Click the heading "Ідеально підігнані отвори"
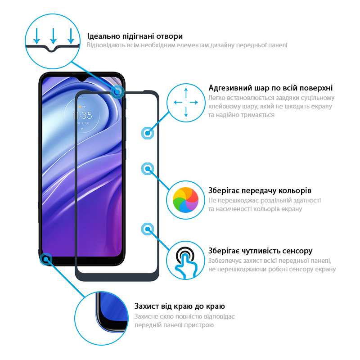(135, 36)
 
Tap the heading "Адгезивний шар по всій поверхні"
(270, 88)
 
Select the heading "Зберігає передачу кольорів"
(260, 190)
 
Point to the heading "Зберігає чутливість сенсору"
(261, 251)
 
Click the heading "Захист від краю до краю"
(180, 306)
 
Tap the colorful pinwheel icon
(185, 200)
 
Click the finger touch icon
(185, 262)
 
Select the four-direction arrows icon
(186, 103)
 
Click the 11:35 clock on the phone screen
(82, 115)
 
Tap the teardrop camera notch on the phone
(82, 79)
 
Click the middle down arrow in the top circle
(53, 36)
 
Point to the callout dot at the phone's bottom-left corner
(46, 259)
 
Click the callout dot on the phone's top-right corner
(117, 92)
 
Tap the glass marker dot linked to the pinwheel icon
(148, 169)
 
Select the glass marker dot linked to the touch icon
(148, 229)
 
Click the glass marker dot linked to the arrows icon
(148, 133)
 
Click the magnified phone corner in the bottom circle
(112, 313)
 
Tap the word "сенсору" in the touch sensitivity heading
(297, 251)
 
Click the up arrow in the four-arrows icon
(186, 93)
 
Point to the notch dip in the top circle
(52, 49)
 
